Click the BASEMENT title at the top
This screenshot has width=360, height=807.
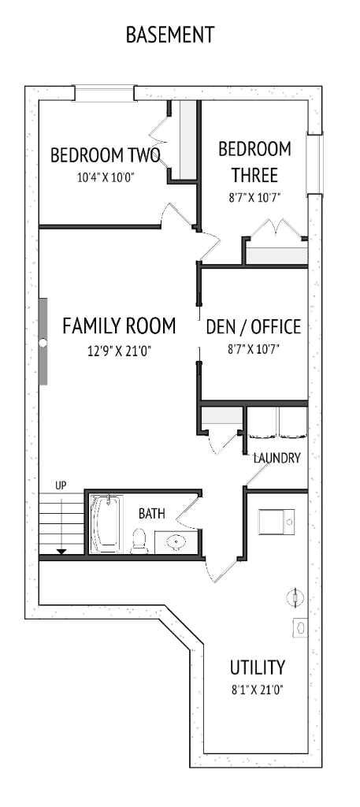click(x=169, y=35)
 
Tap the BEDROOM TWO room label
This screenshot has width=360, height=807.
click(x=106, y=155)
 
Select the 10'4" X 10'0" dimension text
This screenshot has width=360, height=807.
click(x=106, y=177)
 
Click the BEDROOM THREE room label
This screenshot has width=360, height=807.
click(x=254, y=161)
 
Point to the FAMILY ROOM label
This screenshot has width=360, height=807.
click(x=118, y=325)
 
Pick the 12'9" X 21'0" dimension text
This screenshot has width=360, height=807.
click(x=119, y=351)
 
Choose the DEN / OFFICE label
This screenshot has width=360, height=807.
click(x=253, y=326)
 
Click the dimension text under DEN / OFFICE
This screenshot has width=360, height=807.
click(x=254, y=349)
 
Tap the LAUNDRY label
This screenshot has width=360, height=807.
click(x=276, y=458)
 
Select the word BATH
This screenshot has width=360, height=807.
click(x=152, y=514)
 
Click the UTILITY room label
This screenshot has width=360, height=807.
click(x=258, y=668)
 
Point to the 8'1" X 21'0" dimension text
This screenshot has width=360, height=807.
click(x=258, y=690)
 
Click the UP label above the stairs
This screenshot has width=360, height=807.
click(x=61, y=485)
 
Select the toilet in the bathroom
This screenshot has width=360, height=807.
click(x=139, y=539)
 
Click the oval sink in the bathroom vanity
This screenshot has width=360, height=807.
click(x=173, y=541)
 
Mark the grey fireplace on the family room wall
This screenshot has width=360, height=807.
click(x=43, y=342)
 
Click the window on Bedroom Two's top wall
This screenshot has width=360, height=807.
click(x=104, y=93)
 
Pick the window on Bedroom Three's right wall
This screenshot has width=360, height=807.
click(x=315, y=164)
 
